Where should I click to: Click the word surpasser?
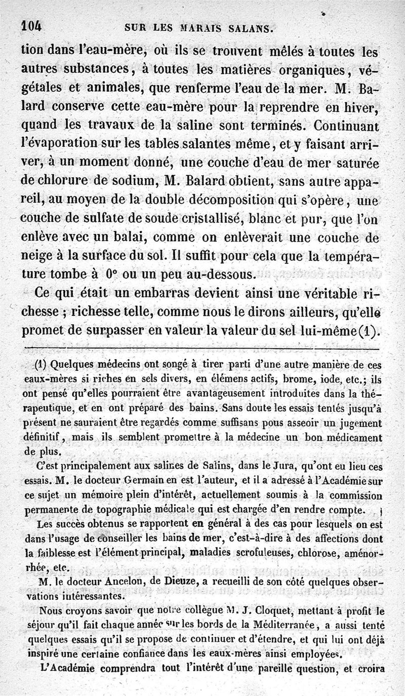point(126,332)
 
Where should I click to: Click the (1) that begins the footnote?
point(41,364)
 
